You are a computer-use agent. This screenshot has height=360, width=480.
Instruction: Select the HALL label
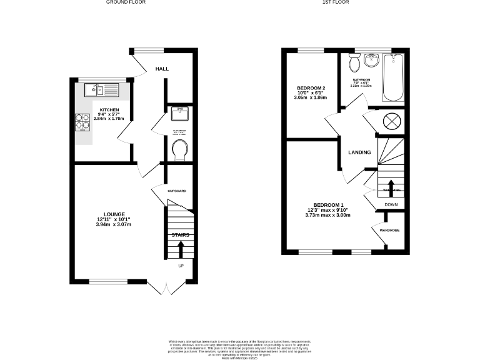[162, 69]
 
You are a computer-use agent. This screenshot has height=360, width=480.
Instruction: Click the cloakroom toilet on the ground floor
[180, 149]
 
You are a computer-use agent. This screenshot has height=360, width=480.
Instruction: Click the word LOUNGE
[114, 214]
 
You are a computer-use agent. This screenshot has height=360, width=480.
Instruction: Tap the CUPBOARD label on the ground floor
[177, 190]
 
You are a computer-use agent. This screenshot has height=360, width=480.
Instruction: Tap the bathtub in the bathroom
[394, 78]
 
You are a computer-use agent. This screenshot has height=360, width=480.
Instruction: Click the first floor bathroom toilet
[354, 63]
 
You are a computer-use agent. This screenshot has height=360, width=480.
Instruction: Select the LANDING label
[359, 152]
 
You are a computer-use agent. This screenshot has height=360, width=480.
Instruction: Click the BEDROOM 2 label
[312, 87]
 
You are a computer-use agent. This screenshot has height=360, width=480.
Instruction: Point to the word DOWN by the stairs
[391, 204]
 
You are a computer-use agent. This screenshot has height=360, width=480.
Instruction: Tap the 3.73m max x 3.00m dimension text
[328, 216]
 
